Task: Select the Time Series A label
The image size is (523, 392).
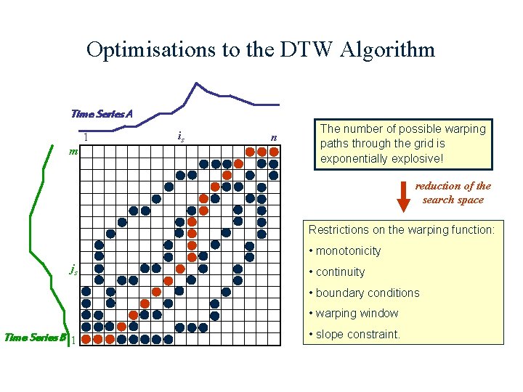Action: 102,113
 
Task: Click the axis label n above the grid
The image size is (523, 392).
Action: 274,137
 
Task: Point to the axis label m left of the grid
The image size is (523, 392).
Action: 73,151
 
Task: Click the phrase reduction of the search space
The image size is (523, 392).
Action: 453,192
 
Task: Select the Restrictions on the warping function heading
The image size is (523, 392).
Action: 402,230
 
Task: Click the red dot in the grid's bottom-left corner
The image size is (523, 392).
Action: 86,338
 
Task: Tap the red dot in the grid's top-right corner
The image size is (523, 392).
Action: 274,152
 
